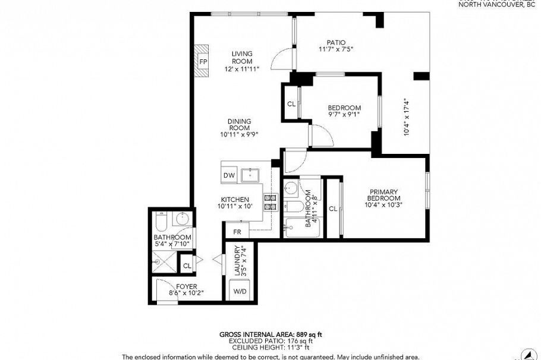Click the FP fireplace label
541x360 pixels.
pyautogui.click(x=203, y=62)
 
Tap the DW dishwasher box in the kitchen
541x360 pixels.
pyautogui.click(x=229, y=175)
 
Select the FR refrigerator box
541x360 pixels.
pyautogui.click(x=237, y=232)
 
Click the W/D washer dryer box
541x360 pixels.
pyautogui.click(x=240, y=292)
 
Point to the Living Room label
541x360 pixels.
pyautogui.click(x=242, y=58)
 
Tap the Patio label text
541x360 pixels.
pyautogui.click(x=336, y=42)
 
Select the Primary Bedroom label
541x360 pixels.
pyautogui.click(x=382, y=195)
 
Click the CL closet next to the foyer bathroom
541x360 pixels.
pyautogui.click(x=187, y=266)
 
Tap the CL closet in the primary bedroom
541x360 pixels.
pyautogui.click(x=333, y=209)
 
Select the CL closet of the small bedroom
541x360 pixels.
pyautogui.click(x=291, y=104)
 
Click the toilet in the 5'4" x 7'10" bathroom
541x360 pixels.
pyautogui.click(x=161, y=223)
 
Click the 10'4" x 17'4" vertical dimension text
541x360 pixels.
pyautogui.click(x=407, y=117)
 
